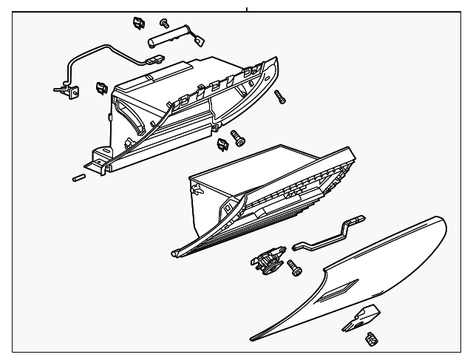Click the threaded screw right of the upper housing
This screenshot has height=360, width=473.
[x=279, y=97]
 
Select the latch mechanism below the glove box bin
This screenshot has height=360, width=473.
[x=267, y=260]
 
